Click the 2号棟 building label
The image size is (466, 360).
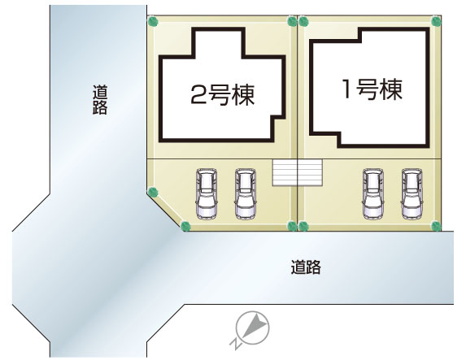[x=222, y=95]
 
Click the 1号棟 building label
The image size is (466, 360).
[x=372, y=89]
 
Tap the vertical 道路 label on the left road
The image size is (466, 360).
[x=100, y=100]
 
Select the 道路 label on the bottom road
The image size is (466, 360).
[x=306, y=267]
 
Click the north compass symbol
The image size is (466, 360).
[x=253, y=328]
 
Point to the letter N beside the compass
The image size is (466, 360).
[x=235, y=344]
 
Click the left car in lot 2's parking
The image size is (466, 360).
[x=207, y=194]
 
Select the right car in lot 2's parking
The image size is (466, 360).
[x=245, y=194]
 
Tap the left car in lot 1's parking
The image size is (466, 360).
[x=373, y=194]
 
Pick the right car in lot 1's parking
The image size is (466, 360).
[x=412, y=194]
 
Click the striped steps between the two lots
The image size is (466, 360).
[x=297, y=173]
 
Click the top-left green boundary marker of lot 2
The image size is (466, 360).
[x=153, y=21]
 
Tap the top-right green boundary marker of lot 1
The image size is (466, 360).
[x=436, y=21]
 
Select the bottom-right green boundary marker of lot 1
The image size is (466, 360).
[x=436, y=226]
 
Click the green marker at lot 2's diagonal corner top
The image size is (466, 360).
[x=153, y=192]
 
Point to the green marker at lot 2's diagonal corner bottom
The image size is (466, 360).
[x=185, y=227]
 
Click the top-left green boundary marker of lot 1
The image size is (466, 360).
[x=303, y=21]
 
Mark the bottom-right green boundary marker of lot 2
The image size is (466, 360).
[x=292, y=226]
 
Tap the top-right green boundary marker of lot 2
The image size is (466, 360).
[x=291, y=21]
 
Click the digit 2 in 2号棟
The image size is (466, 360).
[x=198, y=95]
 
